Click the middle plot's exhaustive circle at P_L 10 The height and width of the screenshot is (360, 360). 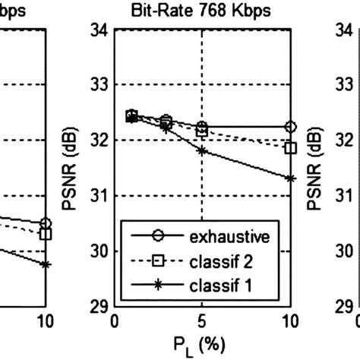click(290, 127)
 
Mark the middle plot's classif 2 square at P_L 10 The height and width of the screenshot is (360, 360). click(290, 147)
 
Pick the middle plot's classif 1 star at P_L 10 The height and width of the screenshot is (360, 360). click(290, 178)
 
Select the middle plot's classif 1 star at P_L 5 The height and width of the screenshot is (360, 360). click(202, 150)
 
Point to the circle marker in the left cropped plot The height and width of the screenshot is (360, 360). click(46, 223)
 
